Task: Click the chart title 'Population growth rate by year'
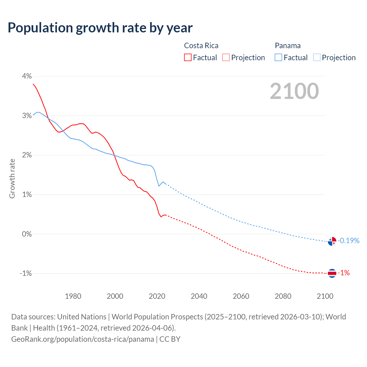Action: pyautogui.click(x=100, y=28)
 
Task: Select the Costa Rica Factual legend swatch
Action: pyautogui.click(x=188, y=57)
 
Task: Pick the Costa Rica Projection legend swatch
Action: pyautogui.click(x=226, y=57)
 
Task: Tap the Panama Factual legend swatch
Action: pyautogui.click(x=278, y=57)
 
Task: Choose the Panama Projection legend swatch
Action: pyautogui.click(x=317, y=57)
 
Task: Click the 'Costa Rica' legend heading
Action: pyautogui.click(x=201, y=46)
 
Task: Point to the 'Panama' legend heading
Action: pyautogui.click(x=288, y=46)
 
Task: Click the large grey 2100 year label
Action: pyautogui.click(x=294, y=91)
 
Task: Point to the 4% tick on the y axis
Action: pyautogui.click(x=27, y=76)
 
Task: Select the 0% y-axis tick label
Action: pyautogui.click(x=27, y=234)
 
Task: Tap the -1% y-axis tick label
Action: pyautogui.click(x=26, y=273)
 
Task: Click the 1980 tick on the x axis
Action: pyautogui.click(x=73, y=296)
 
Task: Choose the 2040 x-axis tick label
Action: pyautogui.click(x=199, y=296)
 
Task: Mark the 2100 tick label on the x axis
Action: pyautogui.click(x=325, y=296)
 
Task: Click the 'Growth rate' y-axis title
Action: pyautogui.click(x=12, y=178)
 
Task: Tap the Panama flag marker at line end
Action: pyautogui.click(x=332, y=241)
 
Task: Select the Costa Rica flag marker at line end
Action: pyautogui.click(x=332, y=273)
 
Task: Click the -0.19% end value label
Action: pyautogui.click(x=348, y=241)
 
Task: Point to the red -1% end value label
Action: pyautogui.click(x=343, y=273)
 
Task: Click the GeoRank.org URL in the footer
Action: pyautogui.click(x=83, y=339)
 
